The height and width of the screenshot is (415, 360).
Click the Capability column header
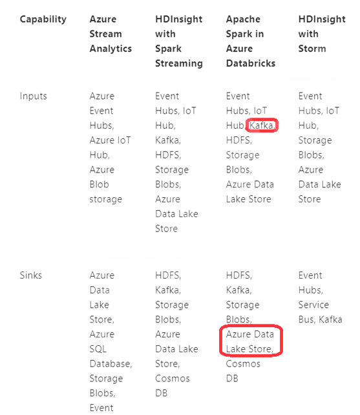[x=43, y=19]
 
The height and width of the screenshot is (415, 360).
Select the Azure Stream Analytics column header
[x=111, y=34]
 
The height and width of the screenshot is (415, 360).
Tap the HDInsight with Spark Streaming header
[x=179, y=41]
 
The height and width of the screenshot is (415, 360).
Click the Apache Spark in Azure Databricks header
[x=251, y=41]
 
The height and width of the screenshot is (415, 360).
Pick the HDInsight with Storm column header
[x=322, y=34]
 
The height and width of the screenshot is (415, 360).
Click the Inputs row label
[x=34, y=96]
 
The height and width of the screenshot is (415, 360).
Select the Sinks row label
[x=31, y=275]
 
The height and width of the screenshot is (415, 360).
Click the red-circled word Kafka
[x=262, y=125]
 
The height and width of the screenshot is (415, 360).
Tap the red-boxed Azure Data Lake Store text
[x=250, y=341]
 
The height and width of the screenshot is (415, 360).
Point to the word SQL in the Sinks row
[x=98, y=349]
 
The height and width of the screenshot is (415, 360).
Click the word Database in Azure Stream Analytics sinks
[x=111, y=364]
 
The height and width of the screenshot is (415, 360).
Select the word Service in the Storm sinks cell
[x=313, y=304]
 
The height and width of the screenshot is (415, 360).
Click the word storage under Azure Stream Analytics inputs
[x=106, y=199]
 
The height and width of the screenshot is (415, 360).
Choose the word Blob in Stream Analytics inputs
[x=100, y=184]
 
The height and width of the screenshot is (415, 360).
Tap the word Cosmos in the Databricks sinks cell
[x=243, y=364]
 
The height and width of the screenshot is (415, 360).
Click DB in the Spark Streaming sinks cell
[x=162, y=393]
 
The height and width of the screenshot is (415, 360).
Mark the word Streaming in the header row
[x=179, y=63]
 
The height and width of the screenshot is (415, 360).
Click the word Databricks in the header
[x=251, y=63]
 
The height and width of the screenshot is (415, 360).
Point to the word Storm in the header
[x=312, y=48]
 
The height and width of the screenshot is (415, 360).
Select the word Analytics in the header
[x=111, y=48]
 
